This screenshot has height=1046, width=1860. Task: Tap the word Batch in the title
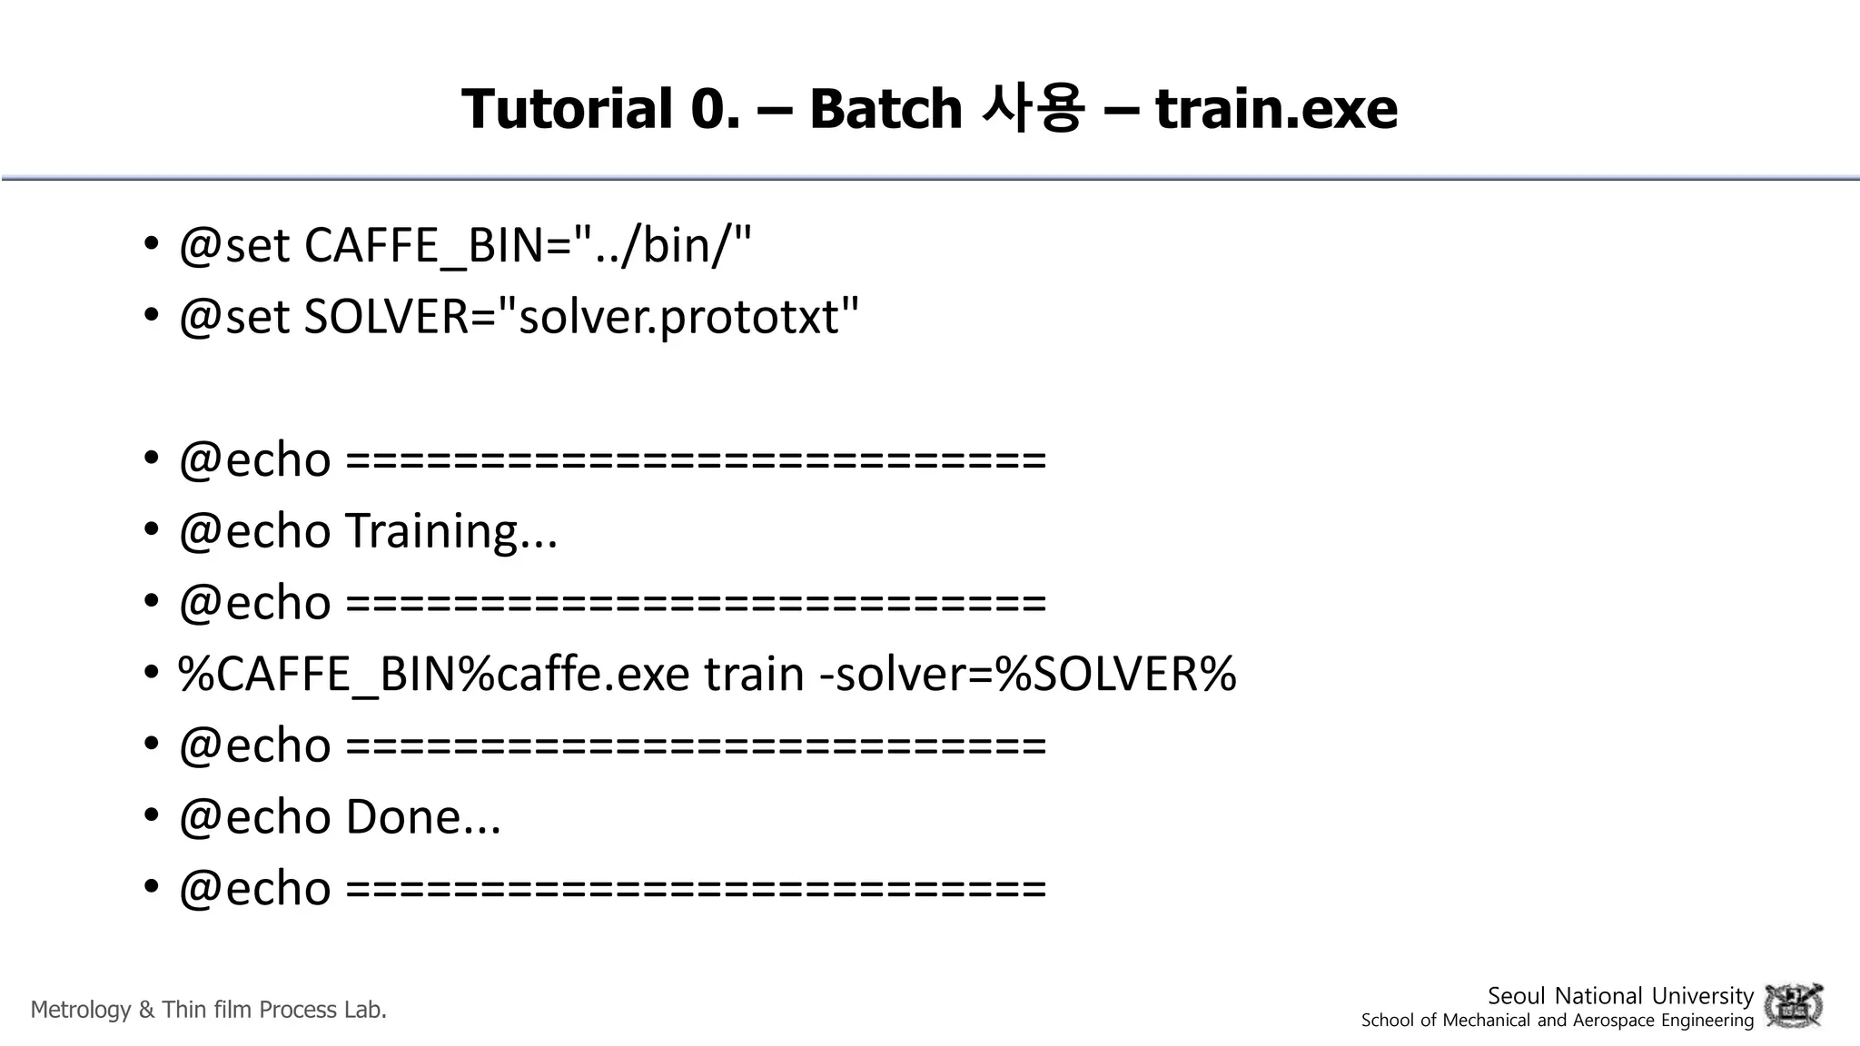click(x=885, y=109)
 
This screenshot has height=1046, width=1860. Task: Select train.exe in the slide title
click(x=1275, y=109)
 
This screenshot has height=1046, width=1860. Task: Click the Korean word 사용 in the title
click(x=1033, y=109)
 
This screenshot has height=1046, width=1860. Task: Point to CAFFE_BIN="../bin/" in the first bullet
click(x=528, y=245)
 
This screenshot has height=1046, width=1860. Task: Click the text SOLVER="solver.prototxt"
click(x=581, y=317)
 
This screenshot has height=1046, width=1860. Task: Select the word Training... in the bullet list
click(x=451, y=531)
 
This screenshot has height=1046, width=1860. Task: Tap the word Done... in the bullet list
click(x=423, y=816)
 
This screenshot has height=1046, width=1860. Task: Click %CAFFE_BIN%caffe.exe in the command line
click(x=434, y=675)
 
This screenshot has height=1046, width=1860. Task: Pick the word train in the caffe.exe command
click(x=755, y=675)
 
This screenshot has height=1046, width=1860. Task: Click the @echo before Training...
click(x=255, y=531)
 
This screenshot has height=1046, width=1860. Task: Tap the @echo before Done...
click(x=255, y=816)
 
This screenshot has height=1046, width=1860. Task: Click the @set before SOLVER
click(x=234, y=317)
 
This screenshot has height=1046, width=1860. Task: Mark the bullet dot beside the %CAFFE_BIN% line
click(x=152, y=675)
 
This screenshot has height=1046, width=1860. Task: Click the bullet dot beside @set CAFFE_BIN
click(x=152, y=246)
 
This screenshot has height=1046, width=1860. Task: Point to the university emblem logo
click(x=1793, y=1006)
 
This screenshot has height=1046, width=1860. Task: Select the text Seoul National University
click(x=1620, y=996)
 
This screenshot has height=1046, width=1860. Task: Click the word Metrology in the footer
click(x=81, y=1010)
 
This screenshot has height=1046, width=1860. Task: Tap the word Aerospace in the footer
click(x=1614, y=1021)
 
